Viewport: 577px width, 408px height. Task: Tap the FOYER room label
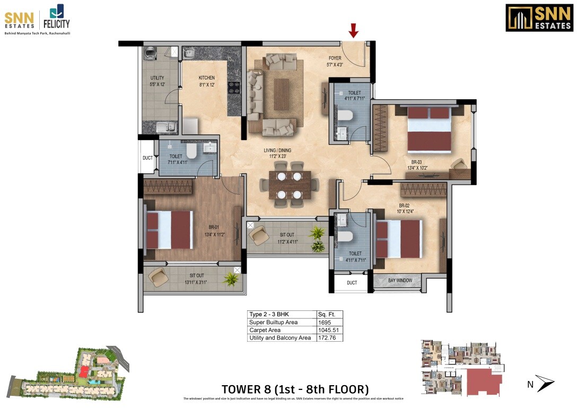tap(335, 58)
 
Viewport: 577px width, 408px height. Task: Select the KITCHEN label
tap(206, 78)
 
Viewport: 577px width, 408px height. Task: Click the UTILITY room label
tap(157, 78)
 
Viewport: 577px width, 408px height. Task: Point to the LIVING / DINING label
tap(277, 151)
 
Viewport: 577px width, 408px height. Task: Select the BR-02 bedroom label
tap(404, 205)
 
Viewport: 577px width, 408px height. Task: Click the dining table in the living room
tap(289, 187)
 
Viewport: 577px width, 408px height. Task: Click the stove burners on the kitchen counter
tap(233, 88)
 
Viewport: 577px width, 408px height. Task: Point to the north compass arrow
tap(544, 383)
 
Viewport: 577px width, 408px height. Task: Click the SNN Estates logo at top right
tap(539, 18)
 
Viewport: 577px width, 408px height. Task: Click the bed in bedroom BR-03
tap(429, 131)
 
